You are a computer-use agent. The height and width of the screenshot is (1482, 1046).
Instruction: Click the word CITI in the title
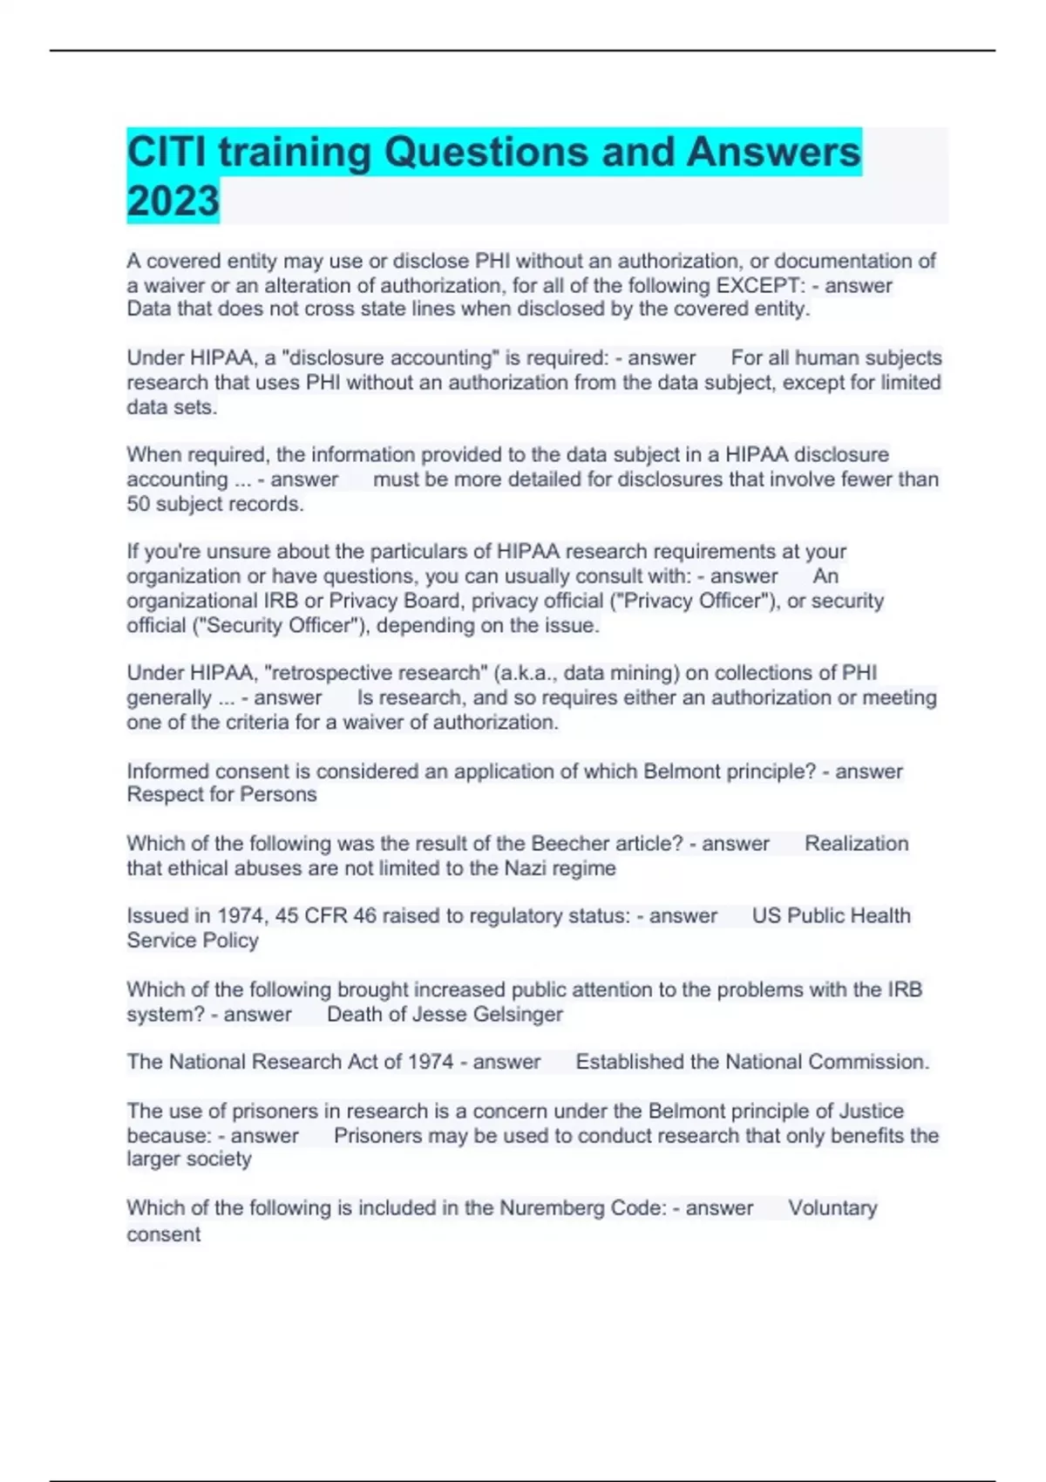point(166,153)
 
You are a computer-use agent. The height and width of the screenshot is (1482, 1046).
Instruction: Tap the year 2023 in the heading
point(173,201)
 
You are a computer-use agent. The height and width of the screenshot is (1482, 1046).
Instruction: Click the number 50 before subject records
point(139,504)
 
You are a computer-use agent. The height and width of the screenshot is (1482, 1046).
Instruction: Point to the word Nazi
point(526,868)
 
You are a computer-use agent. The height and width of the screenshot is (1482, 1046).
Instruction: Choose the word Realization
point(856,843)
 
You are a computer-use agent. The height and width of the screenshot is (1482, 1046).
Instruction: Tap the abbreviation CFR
point(328,915)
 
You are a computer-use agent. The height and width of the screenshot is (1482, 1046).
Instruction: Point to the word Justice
point(871,1111)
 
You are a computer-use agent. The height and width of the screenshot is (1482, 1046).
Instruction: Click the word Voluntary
point(832,1207)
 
